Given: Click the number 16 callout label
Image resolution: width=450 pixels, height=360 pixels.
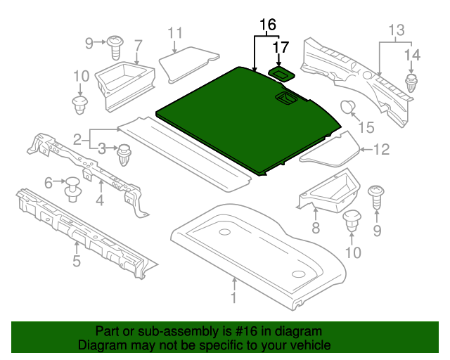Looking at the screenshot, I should (267, 25).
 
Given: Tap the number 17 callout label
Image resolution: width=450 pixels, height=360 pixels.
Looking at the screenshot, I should (281, 48).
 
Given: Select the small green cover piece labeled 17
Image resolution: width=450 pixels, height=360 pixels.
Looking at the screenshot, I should (281, 72).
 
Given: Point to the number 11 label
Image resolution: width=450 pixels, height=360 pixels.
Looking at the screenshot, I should (175, 32).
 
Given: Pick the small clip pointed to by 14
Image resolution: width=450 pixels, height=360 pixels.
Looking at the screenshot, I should (411, 82).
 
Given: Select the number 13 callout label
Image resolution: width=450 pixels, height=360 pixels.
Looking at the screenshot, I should (397, 30).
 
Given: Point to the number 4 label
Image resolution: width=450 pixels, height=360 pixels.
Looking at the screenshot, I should (100, 201).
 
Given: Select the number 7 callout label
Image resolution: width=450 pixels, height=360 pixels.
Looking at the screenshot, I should (138, 45).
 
